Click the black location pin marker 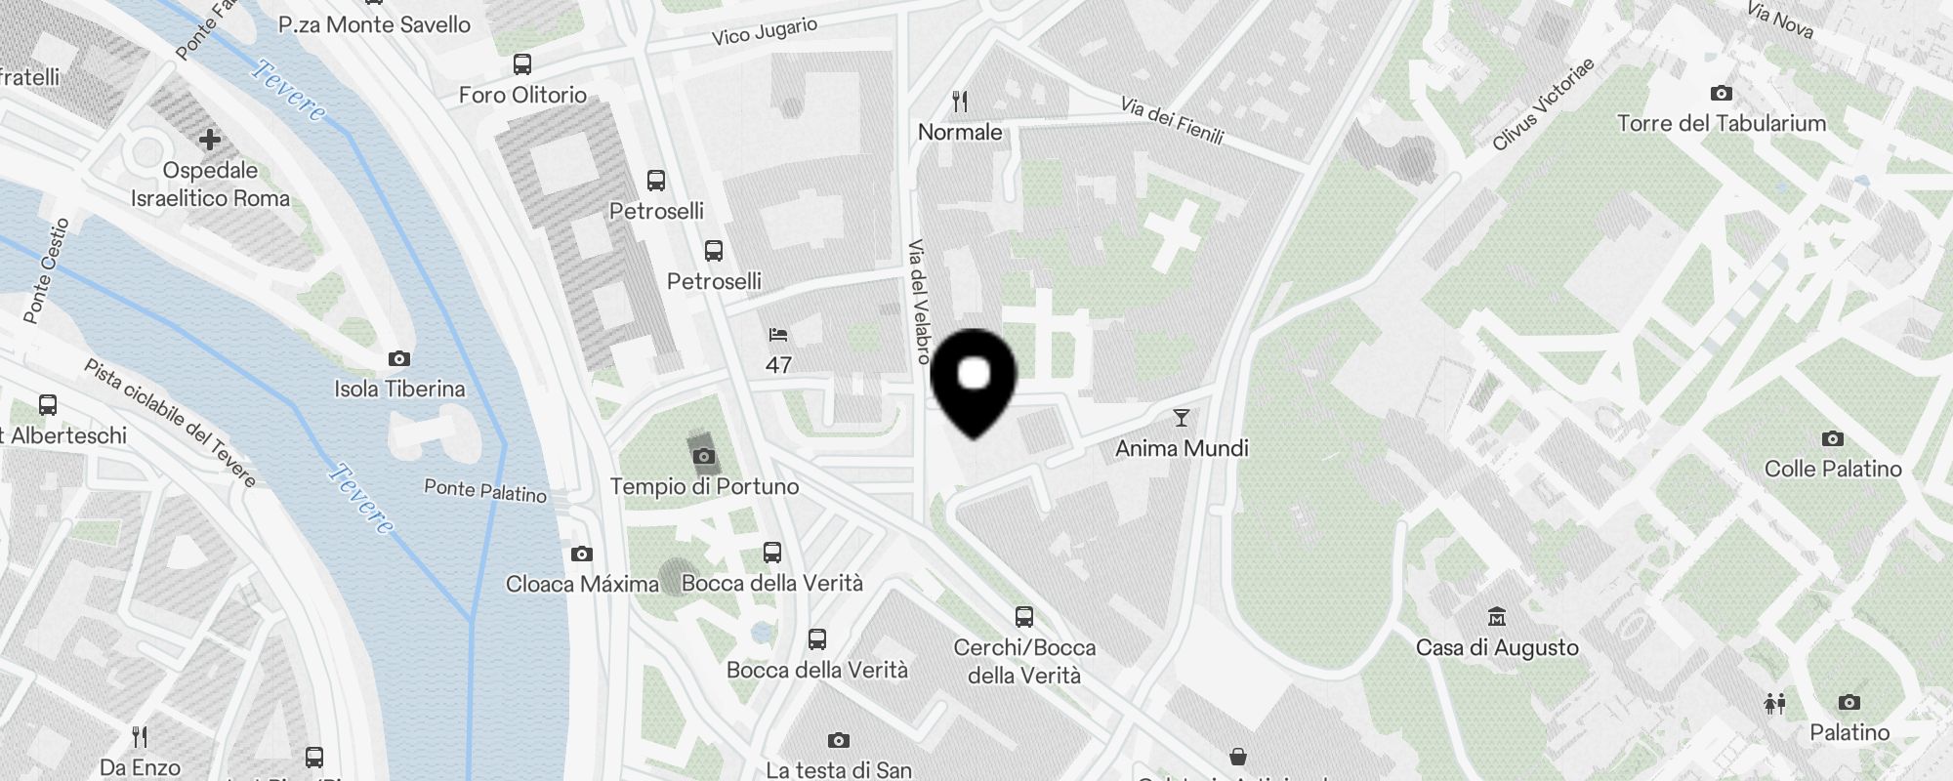(974, 381)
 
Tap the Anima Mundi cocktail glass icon (1182, 418)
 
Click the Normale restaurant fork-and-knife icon (960, 102)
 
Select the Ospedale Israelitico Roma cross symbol (209, 140)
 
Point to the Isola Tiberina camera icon (399, 359)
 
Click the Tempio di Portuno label (704, 486)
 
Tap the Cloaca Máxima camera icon (582, 555)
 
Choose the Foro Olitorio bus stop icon (522, 65)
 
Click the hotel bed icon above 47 (778, 336)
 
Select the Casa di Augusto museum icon (1497, 617)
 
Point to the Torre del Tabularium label (1721, 123)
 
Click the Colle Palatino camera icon (1833, 439)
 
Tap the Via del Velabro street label (919, 302)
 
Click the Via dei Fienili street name (1172, 120)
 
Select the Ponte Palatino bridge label (485, 490)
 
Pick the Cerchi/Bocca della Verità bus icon (1024, 617)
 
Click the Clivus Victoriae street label (1543, 103)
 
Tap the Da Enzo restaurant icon (140, 736)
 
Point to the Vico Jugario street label (765, 31)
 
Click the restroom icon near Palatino (1775, 703)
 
